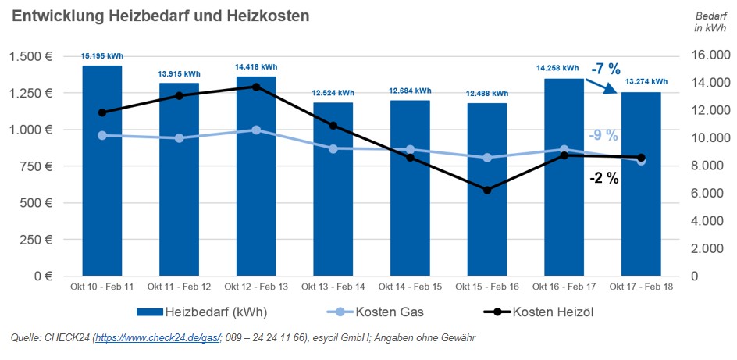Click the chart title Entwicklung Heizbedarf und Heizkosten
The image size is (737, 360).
160,16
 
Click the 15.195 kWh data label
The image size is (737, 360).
102,56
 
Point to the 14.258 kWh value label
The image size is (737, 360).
559,69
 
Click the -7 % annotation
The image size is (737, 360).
605,69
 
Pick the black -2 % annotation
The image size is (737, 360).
603,178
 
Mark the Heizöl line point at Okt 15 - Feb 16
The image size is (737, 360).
487,190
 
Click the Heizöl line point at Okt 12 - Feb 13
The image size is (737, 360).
256,87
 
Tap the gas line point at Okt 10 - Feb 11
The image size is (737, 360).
102,135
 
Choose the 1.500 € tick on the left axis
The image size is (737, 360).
30,56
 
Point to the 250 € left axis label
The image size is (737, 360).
34,240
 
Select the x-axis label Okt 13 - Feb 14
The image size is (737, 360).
333,287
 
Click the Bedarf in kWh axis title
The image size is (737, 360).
710,22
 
